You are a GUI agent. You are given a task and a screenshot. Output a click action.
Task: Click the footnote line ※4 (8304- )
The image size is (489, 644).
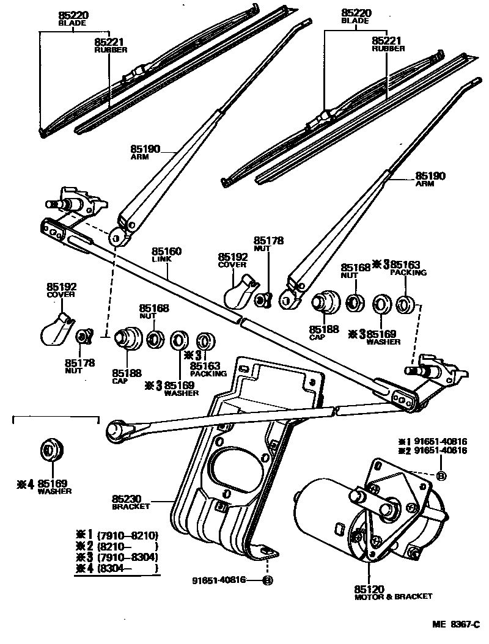(x=116, y=568)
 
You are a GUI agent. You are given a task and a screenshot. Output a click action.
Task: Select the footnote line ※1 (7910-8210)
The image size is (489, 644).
(x=116, y=535)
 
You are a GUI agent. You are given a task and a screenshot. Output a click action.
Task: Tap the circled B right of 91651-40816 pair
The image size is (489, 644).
(x=441, y=476)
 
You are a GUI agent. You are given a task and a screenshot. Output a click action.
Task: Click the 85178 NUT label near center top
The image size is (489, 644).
(x=269, y=245)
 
